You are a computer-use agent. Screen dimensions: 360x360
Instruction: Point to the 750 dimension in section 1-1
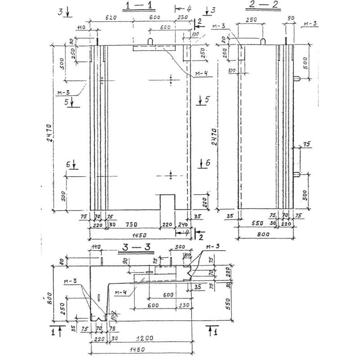click(130, 224)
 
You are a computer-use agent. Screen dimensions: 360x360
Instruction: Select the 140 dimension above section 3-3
click(96, 247)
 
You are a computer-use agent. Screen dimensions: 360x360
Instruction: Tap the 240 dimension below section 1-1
click(183, 224)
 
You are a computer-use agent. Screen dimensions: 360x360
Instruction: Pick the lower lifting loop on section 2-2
click(297, 175)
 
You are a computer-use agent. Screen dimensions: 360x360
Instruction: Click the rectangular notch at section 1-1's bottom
click(167, 202)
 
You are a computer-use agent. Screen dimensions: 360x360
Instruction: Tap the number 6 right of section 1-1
click(207, 163)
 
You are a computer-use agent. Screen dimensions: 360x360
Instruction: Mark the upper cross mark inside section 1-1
click(171, 80)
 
